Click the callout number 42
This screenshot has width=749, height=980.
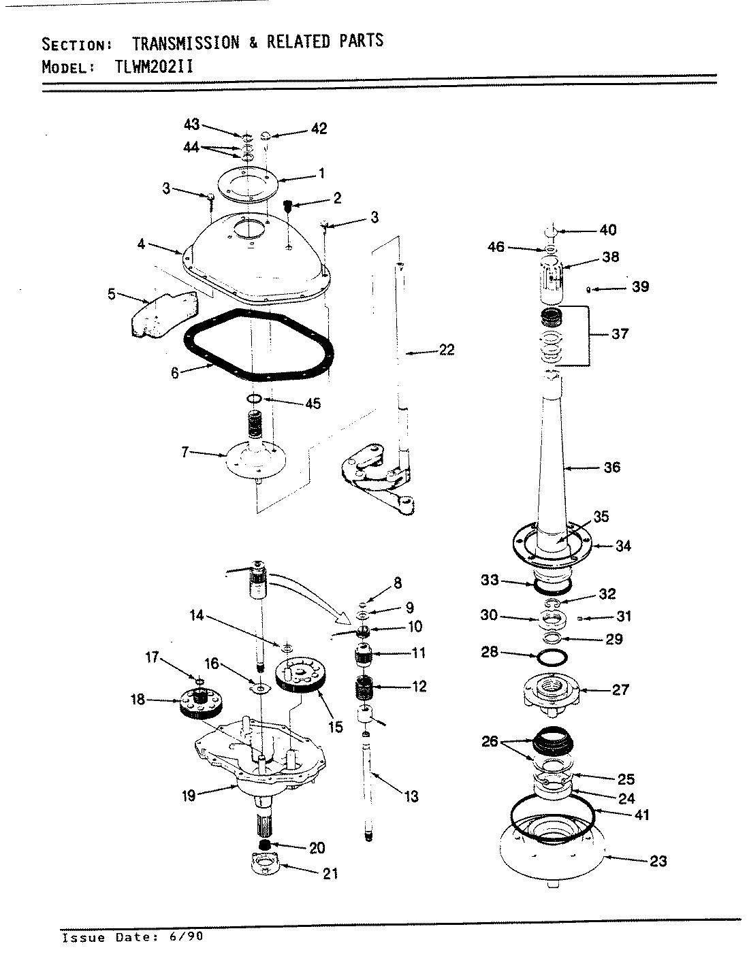(x=319, y=129)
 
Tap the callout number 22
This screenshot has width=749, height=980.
(x=447, y=350)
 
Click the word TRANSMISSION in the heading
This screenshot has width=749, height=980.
(x=185, y=43)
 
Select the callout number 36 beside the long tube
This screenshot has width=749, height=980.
(x=611, y=468)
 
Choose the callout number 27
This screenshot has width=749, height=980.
(x=621, y=689)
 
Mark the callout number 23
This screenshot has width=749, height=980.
(x=658, y=861)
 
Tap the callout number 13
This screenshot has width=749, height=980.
(x=411, y=796)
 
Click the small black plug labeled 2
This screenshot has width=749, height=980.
(x=288, y=205)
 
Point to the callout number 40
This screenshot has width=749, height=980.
(x=607, y=230)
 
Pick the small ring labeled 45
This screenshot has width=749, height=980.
(x=254, y=399)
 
